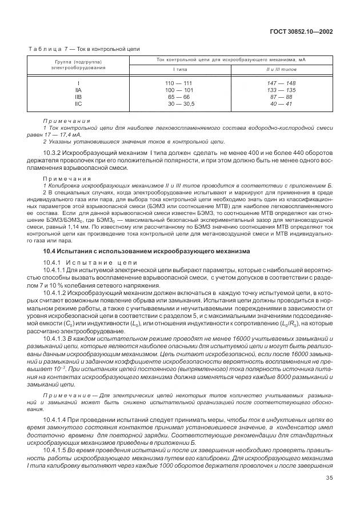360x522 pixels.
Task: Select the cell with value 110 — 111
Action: click(179, 83)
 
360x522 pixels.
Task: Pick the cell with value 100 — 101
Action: click(179, 90)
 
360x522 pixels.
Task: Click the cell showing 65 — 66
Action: click(179, 97)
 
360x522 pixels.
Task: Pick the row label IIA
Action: click(78, 90)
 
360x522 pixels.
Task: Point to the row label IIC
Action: click(78, 103)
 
